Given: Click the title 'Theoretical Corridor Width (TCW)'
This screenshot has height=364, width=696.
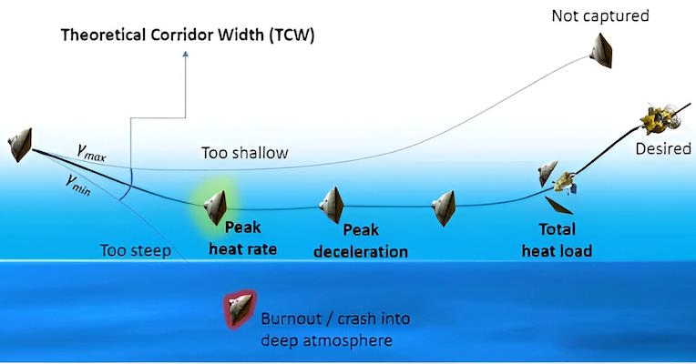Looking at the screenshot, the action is pyautogui.click(x=188, y=35).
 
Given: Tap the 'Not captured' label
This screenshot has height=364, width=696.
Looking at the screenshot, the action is pyautogui.click(x=600, y=16).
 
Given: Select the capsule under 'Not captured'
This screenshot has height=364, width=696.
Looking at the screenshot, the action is pyautogui.click(x=601, y=51).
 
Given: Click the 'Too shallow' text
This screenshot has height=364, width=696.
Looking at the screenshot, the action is pyautogui.click(x=244, y=153).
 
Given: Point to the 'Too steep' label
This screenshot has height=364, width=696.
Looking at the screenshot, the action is pyautogui.click(x=136, y=251).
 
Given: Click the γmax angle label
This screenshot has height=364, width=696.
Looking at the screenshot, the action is pyautogui.click(x=91, y=153).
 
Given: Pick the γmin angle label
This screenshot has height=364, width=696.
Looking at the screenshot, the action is pyautogui.click(x=78, y=184).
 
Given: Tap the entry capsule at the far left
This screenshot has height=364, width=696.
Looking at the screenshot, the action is pyautogui.click(x=20, y=145).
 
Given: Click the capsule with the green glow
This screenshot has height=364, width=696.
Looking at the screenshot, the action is pyautogui.click(x=216, y=207).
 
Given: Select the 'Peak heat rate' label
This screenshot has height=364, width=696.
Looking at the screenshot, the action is pyautogui.click(x=243, y=238).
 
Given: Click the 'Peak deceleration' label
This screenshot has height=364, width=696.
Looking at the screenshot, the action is pyautogui.click(x=361, y=241).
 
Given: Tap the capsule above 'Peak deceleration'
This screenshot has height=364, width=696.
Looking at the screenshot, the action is pyautogui.click(x=332, y=205).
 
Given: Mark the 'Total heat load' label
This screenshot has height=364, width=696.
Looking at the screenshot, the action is pyautogui.click(x=557, y=240).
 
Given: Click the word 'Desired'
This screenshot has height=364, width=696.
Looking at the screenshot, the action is pyautogui.click(x=663, y=148).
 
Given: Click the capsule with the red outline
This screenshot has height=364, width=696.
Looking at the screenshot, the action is pyautogui.click(x=241, y=309).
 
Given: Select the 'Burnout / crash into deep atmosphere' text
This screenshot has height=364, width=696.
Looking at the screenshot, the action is pyautogui.click(x=335, y=329).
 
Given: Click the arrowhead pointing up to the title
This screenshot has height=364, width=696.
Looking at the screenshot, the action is pyautogui.click(x=186, y=54).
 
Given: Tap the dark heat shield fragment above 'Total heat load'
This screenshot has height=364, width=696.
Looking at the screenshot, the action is pyautogui.click(x=558, y=206).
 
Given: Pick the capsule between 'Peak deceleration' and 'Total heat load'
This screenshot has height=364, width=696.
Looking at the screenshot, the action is pyautogui.click(x=444, y=208).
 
